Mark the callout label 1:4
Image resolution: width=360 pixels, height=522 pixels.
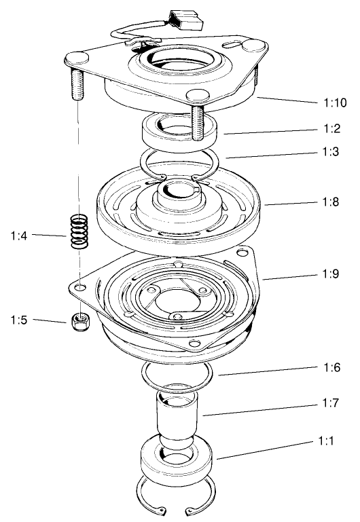[x=18, y=236]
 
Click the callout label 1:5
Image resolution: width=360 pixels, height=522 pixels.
[x=18, y=320]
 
